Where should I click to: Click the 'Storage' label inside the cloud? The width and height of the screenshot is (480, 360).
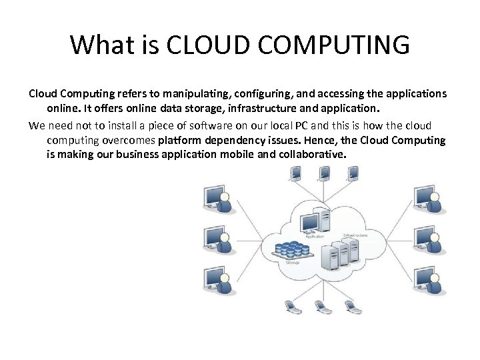pos(293,263)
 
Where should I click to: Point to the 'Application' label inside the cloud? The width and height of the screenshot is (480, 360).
pos(315,236)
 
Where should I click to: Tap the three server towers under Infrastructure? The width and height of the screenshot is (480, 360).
pos(337,254)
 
